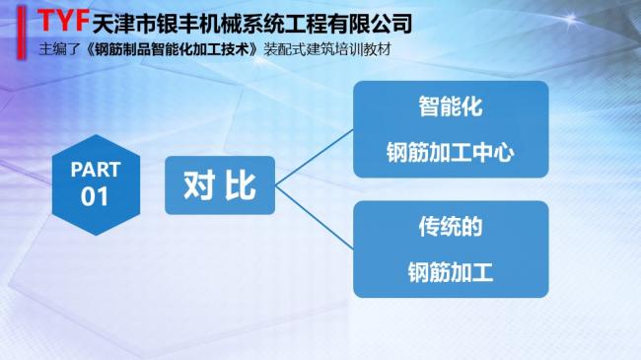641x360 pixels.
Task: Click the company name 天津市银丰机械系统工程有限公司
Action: pyautogui.click(x=250, y=23)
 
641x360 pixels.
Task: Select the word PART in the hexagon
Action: pyautogui.click(x=95, y=170)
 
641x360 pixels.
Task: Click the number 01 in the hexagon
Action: pyautogui.click(x=95, y=195)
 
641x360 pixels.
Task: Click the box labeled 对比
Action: pyautogui.click(x=219, y=184)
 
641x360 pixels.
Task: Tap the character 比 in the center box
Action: pyautogui.click(x=240, y=184)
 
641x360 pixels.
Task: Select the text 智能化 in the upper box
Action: pyautogui.click(x=450, y=107)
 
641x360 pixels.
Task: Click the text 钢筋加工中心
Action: pyautogui.click(x=450, y=153)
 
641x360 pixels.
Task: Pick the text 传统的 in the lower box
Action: pyautogui.click(x=450, y=226)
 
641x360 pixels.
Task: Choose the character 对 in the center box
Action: pyautogui.click(x=198, y=184)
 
